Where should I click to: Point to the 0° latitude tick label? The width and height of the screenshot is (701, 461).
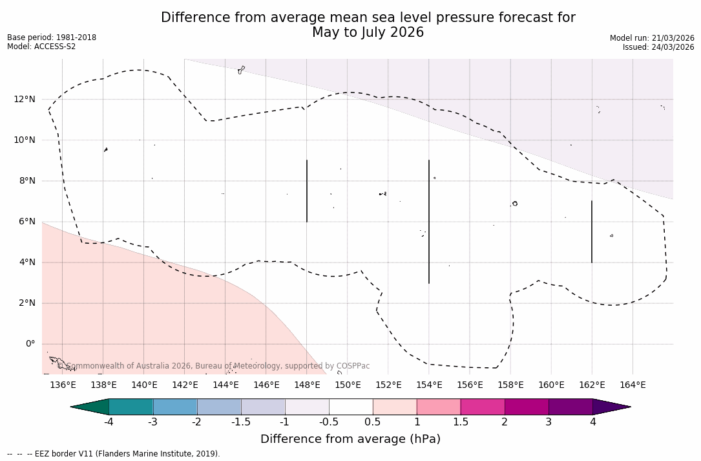(x=30, y=344)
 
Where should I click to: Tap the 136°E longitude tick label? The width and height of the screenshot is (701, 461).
(x=63, y=385)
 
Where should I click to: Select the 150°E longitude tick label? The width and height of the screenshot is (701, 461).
(x=348, y=385)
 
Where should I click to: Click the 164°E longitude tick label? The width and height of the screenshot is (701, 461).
(x=633, y=385)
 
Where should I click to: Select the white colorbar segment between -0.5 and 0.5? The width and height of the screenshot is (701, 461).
(x=351, y=407)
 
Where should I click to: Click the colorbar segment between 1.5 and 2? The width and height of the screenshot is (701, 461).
(x=483, y=407)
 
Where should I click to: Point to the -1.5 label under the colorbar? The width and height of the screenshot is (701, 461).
(x=241, y=422)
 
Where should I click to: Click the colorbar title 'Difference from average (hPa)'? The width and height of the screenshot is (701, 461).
(x=350, y=439)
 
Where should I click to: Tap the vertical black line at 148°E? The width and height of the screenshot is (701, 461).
(x=307, y=191)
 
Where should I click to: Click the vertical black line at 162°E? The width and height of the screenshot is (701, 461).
(x=592, y=231)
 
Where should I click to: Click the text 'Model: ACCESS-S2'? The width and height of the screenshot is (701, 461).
(x=41, y=47)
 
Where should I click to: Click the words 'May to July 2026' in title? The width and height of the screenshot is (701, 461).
(x=368, y=32)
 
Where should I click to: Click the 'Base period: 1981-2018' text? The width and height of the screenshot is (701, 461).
(x=52, y=38)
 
